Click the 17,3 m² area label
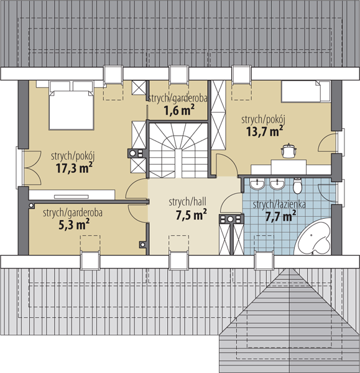[x=74, y=168]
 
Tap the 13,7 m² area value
[x=265, y=131]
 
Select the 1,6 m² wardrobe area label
[x=179, y=110]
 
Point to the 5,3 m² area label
[x=74, y=224]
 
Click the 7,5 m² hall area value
[x=191, y=215]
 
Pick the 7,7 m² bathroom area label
[x=280, y=216]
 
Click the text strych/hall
[x=188, y=202]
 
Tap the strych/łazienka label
[x=279, y=204]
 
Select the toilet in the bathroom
[x=297, y=185]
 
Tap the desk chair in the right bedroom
[x=288, y=150]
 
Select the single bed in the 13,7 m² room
[x=306, y=92]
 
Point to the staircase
[x=178, y=150]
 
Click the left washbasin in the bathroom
[x=257, y=185]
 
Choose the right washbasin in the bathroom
[x=277, y=185]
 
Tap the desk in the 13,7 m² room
[x=291, y=168]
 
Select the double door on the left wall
[x=32, y=168]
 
